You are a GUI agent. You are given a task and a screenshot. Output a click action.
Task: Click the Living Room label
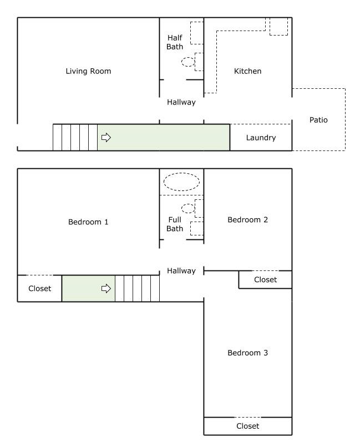88,71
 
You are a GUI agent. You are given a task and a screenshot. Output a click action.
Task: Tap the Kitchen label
247,71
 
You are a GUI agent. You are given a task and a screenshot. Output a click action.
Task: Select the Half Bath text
175,42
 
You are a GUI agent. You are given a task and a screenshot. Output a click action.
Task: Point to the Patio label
318,120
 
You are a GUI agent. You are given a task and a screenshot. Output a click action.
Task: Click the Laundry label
261,138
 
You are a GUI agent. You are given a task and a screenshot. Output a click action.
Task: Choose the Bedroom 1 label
88,222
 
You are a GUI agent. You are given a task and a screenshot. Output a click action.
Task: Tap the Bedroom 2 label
247,219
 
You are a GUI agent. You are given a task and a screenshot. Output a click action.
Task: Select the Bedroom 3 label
247,353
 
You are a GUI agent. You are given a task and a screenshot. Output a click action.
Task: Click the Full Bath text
175,224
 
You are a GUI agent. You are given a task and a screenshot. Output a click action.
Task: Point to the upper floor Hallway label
181,270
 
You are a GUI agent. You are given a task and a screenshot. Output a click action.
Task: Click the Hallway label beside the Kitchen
181,102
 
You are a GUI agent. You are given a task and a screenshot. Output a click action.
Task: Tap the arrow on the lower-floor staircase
106,137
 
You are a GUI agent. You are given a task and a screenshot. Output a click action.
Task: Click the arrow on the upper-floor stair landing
106,289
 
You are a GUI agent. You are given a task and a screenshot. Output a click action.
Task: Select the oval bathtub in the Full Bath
181,173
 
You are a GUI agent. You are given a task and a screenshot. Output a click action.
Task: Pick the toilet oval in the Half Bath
188,58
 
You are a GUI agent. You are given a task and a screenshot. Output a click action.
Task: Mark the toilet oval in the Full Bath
188,204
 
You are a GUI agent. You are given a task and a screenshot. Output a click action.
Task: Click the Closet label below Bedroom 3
247,426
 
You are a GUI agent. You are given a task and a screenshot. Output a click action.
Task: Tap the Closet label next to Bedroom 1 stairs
39,289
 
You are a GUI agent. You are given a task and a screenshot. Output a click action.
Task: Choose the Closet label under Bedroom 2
265,280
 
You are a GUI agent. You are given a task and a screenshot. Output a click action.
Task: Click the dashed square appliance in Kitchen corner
278,35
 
